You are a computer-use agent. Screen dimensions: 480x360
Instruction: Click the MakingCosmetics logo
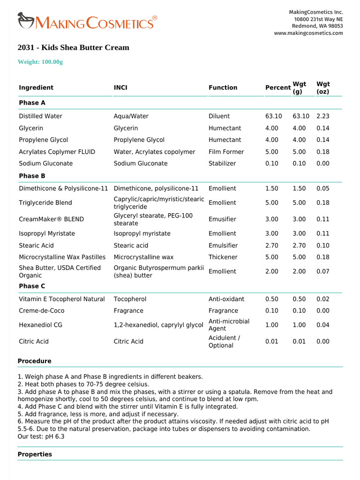(87, 22)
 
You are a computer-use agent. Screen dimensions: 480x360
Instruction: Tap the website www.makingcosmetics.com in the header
(308, 33)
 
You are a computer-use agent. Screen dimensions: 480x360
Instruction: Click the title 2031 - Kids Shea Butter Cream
(73, 47)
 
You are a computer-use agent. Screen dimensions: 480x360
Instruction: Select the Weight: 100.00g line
(40, 62)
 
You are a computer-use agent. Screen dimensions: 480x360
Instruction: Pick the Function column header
(223, 88)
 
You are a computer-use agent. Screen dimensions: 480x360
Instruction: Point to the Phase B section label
(32, 176)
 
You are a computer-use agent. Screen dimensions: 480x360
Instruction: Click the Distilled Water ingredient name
(40, 116)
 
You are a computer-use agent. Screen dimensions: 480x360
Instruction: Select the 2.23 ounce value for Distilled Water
(322, 116)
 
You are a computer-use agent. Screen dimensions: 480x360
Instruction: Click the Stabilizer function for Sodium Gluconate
(222, 164)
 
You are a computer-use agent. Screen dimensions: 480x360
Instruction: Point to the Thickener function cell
(223, 257)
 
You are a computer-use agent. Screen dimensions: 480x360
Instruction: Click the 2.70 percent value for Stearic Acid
(271, 246)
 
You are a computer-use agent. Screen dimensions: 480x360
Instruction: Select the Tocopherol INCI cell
(130, 299)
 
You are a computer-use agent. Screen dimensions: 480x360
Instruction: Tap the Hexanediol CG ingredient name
(40, 325)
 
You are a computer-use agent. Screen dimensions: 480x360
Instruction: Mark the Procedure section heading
(34, 361)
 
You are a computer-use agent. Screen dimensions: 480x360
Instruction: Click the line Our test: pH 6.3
(41, 436)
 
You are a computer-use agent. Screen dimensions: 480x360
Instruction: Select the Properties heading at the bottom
(35, 454)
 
